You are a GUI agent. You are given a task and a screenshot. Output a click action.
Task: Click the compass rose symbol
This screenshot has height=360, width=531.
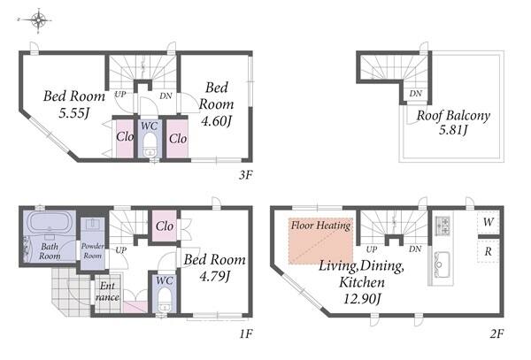pyautogui.click(x=38, y=20)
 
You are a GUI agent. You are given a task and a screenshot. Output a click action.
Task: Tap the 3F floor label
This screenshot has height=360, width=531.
pyautogui.click(x=245, y=175)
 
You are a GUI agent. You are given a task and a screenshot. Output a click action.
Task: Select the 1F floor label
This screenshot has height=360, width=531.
pyautogui.click(x=246, y=334)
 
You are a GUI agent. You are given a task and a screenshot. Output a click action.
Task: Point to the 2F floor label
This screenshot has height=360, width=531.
pyautogui.click(x=496, y=334)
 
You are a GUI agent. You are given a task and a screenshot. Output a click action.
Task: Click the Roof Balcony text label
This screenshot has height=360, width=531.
pyautogui.click(x=453, y=115)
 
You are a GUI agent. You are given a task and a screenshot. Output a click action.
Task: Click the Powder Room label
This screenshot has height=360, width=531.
pyautogui.click(x=93, y=250)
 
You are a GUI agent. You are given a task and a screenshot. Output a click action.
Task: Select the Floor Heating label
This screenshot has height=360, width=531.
pyautogui.click(x=320, y=226)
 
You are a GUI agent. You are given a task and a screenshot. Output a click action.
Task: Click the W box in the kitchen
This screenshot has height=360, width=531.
pyautogui.click(x=488, y=222)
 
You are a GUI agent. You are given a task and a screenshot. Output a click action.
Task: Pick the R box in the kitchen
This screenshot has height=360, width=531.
pyautogui.click(x=488, y=251)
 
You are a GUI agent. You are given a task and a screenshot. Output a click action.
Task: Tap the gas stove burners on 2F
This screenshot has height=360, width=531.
pyautogui.click(x=443, y=226)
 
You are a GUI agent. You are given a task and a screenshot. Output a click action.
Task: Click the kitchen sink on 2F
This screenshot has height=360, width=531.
pyautogui.click(x=442, y=264)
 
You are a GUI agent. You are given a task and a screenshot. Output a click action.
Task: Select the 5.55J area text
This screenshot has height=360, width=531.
pyautogui.click(x=73, y=113)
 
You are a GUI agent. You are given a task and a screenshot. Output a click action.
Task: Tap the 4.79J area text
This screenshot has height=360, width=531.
pyautogui.click(x=215, y=277)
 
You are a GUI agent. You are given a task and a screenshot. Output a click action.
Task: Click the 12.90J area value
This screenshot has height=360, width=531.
pyautogui.click(x=362, y=299)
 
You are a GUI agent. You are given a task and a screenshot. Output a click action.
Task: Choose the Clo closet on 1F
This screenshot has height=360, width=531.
pyautogui.click(x=165, y=226)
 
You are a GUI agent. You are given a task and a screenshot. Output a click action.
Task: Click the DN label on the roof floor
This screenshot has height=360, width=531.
pyautogui.click(x=416, y=94)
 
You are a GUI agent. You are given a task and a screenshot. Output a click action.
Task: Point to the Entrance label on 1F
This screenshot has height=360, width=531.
pyautogui.click(x=107, y=292)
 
